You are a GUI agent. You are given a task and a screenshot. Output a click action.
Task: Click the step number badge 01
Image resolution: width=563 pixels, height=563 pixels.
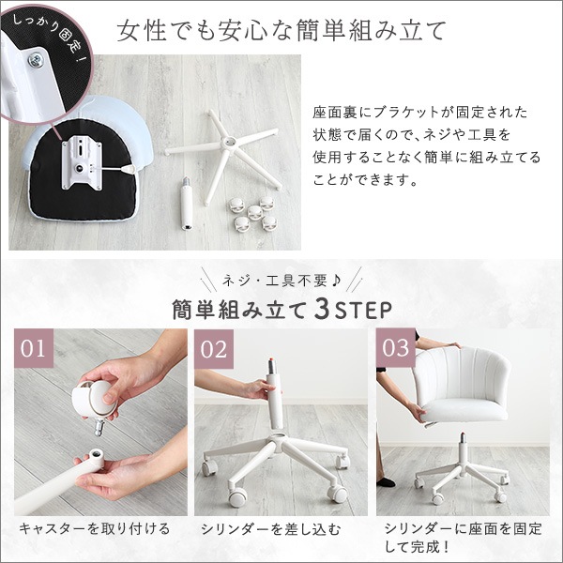tap(33, 349)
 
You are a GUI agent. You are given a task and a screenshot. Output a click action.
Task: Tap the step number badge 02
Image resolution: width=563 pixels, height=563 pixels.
tap(215, 349)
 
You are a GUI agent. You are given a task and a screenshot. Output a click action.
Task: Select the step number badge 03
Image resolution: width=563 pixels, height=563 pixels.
tap(396, 349)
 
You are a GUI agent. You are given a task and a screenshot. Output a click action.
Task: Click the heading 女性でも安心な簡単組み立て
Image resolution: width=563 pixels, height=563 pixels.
tap(281, 30)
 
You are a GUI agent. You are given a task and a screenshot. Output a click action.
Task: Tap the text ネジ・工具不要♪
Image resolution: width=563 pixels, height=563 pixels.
tap(281, 280)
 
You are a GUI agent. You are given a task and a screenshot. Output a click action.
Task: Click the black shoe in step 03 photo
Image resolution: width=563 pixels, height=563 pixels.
tap(386, 480)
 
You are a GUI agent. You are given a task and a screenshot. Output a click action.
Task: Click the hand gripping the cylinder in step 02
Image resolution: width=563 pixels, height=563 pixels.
tap(254, 385)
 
